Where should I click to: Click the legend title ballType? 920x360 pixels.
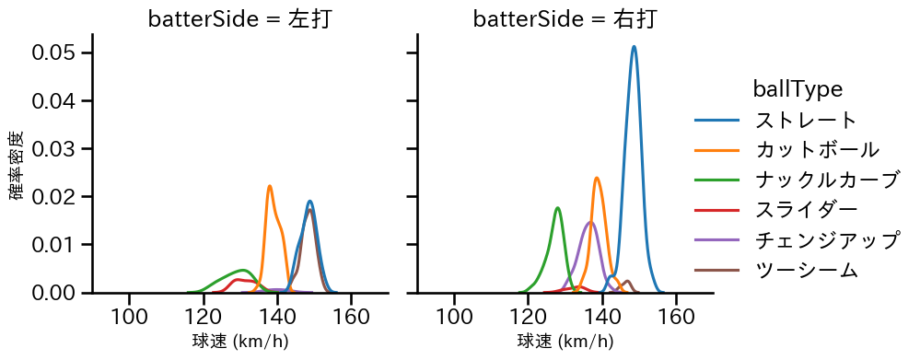(x=798, y=88)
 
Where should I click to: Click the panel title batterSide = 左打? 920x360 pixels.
(x=239, y=19)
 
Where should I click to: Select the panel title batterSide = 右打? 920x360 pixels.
(x=565, y=19)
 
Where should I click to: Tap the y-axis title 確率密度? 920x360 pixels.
(x=17, y=165)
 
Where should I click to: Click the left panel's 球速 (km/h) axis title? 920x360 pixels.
(x=239, y=342)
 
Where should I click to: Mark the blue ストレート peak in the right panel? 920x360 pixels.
(x=634, y=47)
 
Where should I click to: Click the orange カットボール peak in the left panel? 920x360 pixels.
(x=270, y=186)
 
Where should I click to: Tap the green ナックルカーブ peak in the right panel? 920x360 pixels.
(x=558, y=208)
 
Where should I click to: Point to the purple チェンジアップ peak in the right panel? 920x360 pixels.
(x=590, y=222)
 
